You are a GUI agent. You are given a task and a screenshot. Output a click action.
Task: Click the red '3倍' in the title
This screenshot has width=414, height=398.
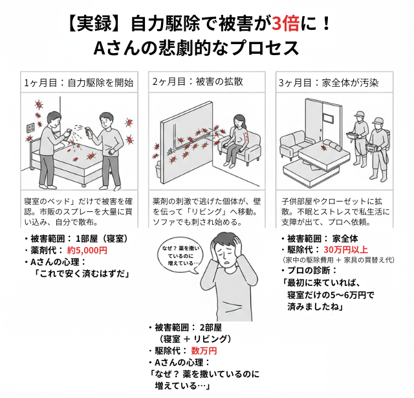tap(286, 23)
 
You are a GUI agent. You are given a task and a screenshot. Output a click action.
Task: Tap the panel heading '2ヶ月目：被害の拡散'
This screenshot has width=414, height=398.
tap(197, 82)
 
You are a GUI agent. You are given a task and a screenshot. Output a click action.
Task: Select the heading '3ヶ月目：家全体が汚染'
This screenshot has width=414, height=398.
tap(329, 83)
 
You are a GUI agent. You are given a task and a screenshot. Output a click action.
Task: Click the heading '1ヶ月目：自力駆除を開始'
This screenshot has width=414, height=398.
tap(79, 83)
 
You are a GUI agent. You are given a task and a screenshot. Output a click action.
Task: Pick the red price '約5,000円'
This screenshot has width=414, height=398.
tap(87, 250)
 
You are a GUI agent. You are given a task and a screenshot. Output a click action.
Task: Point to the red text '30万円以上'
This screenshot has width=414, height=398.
tap(345, 250)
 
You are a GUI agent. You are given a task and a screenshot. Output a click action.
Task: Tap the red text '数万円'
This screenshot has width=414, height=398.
tap(204, 351)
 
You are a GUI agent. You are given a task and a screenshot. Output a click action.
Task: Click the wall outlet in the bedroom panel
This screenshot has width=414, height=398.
tap(30, 128)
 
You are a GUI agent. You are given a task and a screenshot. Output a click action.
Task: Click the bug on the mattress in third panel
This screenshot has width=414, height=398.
tap(323, 147)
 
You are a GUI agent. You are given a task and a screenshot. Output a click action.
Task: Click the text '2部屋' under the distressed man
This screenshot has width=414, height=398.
tap(210, 327)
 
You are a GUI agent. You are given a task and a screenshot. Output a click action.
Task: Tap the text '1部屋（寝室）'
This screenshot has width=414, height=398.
tap(102, 239)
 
